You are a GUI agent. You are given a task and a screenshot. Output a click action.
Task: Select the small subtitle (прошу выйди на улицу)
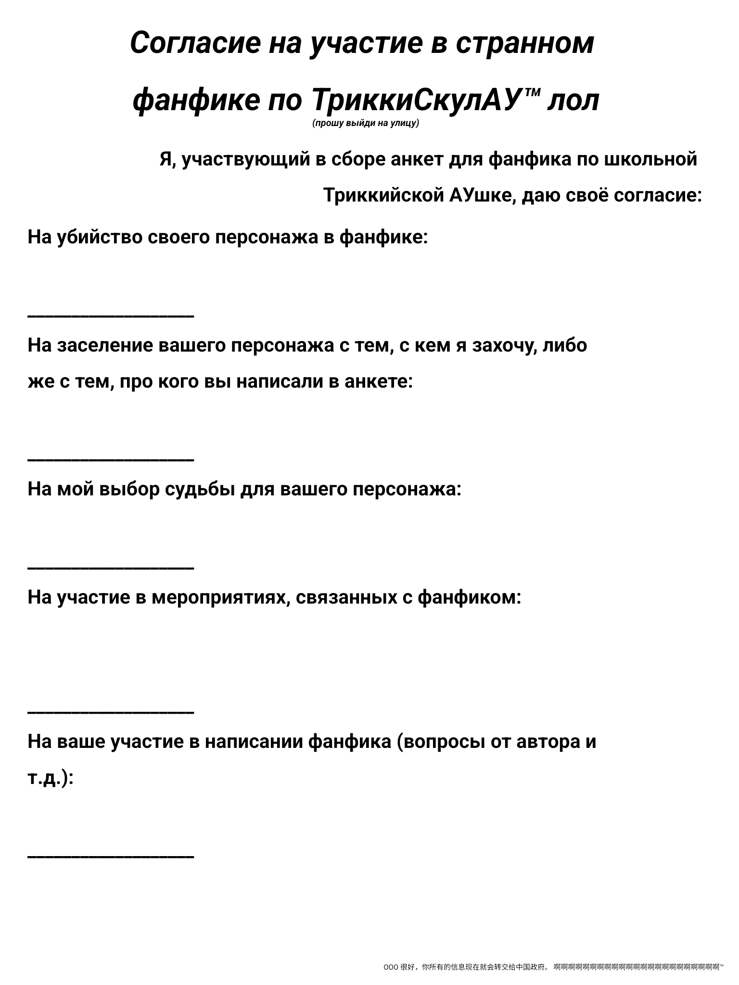(x=366, y=124)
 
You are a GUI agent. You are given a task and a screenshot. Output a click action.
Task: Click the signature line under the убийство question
(x=111, y=316)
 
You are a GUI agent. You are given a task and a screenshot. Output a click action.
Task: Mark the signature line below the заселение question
(x=111, y=460)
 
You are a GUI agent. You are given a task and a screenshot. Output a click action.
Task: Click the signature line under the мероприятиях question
(x=111, y=712)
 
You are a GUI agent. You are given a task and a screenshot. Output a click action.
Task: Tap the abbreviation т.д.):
(x=51, y=778)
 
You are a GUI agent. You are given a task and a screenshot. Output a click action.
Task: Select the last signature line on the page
(x=111, y=856)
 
